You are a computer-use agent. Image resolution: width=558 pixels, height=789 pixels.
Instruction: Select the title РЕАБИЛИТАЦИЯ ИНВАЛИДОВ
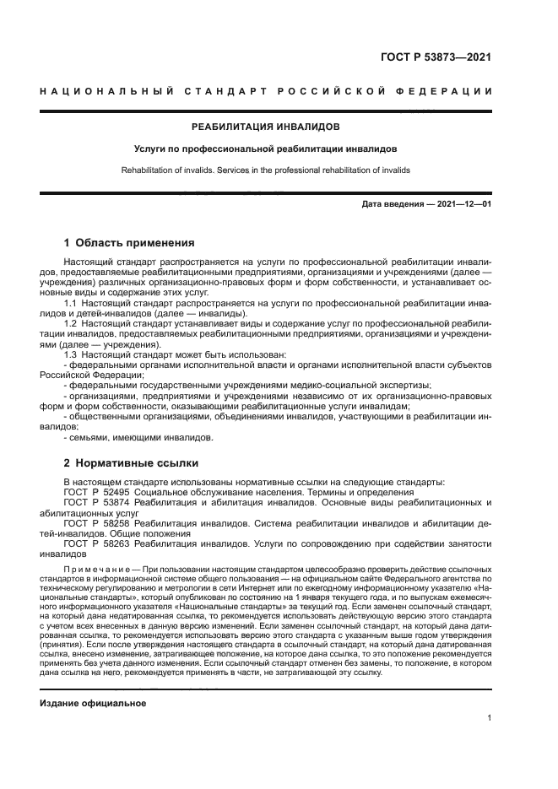[x=266, y=127]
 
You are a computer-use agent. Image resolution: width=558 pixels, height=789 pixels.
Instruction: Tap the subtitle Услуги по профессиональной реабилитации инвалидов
[x=266, y=149]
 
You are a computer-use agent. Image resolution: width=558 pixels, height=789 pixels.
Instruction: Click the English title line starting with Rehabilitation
[x=266, y=170]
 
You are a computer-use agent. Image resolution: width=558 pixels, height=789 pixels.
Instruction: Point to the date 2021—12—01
[x=462, y=204]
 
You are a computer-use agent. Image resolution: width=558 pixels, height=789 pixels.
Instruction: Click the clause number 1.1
[x=72, y=302]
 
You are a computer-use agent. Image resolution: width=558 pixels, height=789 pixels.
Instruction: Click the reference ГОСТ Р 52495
[x=95, y=492]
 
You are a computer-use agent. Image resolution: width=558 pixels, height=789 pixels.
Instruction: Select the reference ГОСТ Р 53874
[x=95, y=502]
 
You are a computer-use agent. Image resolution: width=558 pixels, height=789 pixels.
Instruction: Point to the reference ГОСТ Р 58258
[x=95, y=523]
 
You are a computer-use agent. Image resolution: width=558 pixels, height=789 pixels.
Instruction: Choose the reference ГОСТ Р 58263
[x=95, y=544]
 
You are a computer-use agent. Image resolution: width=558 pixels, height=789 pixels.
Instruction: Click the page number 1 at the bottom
[x=490, y=718]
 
